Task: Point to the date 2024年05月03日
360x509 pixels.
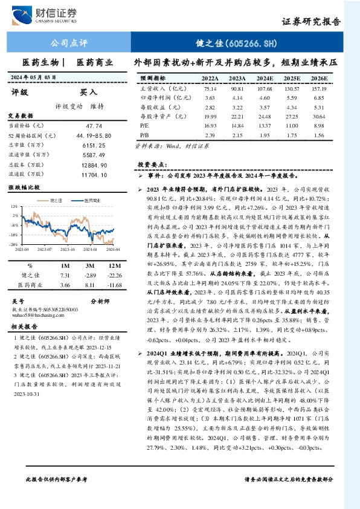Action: [x=34, y=77]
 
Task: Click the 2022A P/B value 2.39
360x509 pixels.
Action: [x=210, y=134]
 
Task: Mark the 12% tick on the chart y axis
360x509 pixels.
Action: [x=14, y=208]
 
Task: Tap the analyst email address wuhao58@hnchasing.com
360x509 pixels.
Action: [x=37, y=315]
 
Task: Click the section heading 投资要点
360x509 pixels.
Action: [x=152, y=164]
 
